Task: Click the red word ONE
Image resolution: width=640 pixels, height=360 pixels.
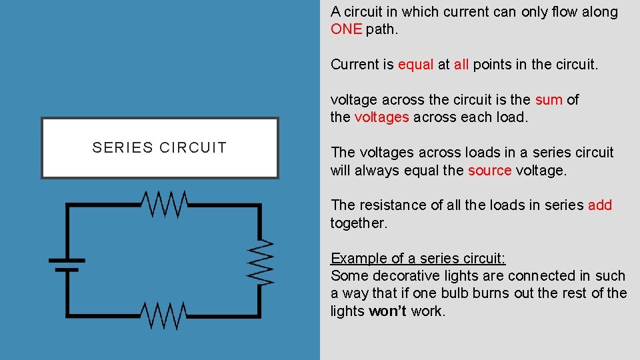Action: point(346,29)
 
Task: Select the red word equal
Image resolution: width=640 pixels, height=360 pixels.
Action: point(415,65)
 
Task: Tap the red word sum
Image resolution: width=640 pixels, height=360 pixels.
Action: point(549,100)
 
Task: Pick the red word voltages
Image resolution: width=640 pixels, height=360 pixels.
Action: point(382,117)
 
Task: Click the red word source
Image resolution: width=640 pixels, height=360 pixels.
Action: point(489,170)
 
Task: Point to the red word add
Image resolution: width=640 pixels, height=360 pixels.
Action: point(599,205)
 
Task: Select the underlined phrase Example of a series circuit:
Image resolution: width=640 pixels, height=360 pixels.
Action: point(418,259)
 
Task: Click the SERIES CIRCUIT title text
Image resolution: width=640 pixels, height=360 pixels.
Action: point(159,148)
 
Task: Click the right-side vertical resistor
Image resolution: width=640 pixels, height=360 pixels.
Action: point(261,261)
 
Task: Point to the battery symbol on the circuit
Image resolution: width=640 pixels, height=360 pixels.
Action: point(66,265)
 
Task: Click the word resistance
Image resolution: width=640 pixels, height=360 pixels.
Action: point(390,205)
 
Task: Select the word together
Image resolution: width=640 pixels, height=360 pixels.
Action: point(358,223)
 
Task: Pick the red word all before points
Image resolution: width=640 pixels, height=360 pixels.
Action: point(461,65)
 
